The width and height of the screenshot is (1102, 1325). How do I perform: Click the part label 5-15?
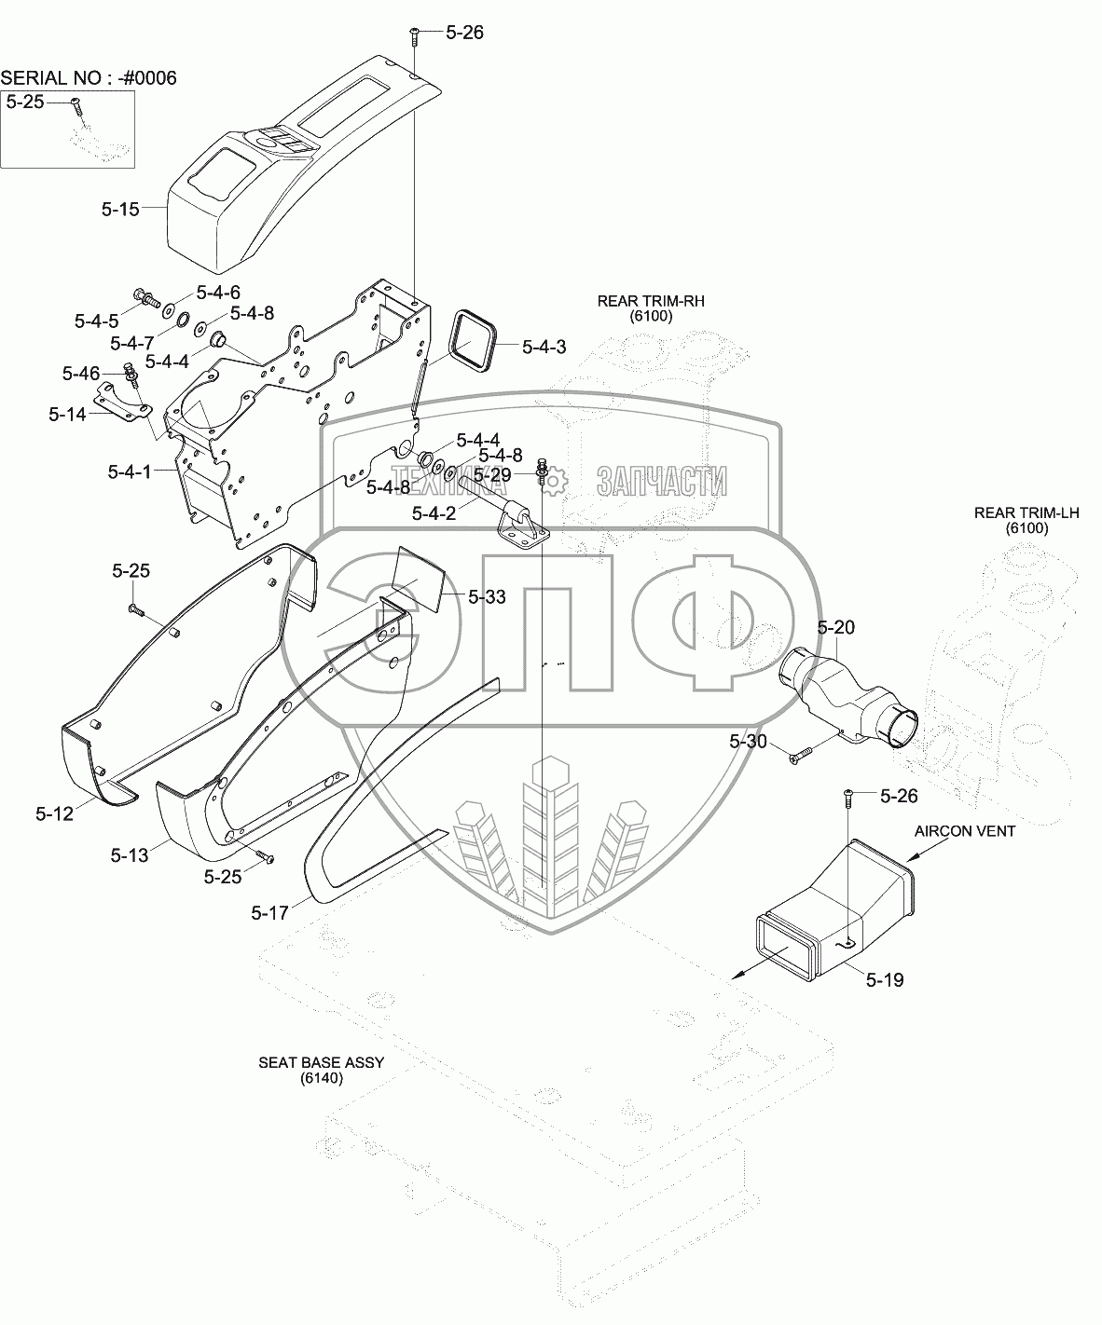click(120, 210)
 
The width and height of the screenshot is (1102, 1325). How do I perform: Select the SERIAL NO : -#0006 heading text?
click(89, 77)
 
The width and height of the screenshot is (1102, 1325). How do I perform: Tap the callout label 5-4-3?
click(544, 347)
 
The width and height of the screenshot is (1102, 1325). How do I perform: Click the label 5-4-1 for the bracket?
click(129, 472)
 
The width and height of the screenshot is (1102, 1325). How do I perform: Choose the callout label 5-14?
click(69, 414)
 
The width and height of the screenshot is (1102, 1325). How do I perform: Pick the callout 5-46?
click(81, 374)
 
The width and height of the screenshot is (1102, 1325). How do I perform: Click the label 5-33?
click(487, 596)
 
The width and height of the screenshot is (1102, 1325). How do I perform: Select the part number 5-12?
click(54, 814)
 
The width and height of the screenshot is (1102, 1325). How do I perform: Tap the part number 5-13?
click(129, 854)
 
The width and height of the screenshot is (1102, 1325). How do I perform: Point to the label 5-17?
click(269, 913)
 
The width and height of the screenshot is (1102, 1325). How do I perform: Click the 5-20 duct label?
click(835, 628)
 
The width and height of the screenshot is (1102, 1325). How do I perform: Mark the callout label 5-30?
click(748, 741)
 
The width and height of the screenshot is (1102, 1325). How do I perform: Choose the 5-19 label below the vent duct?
click(884, 980)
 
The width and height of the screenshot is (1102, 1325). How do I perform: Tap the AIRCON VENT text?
click(965, 831)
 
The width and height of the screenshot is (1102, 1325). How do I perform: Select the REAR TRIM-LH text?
click(1012, 512)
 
